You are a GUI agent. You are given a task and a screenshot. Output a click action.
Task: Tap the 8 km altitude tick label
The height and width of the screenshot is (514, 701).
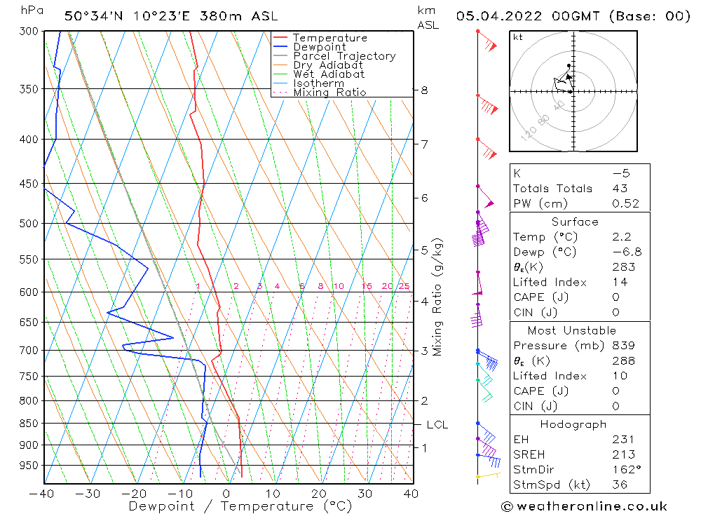click(x=424, y=90)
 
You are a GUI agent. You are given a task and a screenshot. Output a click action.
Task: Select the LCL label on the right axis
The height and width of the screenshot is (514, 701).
click(x=437, y=425)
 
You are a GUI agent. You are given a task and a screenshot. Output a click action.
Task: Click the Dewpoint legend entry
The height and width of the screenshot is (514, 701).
click(x=319, y=47)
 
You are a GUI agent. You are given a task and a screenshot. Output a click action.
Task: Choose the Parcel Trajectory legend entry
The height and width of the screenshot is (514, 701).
click(x=343, y=56)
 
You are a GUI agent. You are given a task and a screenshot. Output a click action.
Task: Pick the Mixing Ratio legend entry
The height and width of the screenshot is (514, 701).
click(x=329, y=93)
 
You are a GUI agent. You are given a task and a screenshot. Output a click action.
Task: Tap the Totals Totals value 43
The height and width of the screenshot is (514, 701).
click(x=620, y=189)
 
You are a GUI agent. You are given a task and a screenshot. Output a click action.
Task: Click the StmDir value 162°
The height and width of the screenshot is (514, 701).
click(x=622, y=470)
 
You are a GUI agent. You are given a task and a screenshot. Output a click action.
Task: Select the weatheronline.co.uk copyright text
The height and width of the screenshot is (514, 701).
click(x=584, y=506)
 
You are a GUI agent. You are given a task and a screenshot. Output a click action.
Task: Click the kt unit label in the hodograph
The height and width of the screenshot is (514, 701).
click(x=517, y=37)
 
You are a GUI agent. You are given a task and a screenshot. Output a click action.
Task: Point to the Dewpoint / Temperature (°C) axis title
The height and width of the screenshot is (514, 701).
click(x=240, y=506)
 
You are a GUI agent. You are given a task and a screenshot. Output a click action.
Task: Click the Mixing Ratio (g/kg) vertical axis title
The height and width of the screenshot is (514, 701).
click(x=438, y=297)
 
